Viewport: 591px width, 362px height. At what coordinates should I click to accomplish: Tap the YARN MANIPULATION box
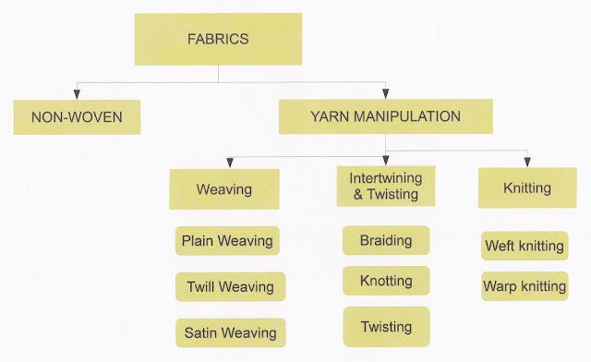click(x=386, y=116)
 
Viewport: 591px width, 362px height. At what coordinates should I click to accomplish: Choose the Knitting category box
click(x=526, y=187)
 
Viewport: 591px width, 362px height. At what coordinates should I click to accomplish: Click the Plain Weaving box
click(x=227, y=241)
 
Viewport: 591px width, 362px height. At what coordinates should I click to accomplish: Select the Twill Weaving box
click(x=228, y=286)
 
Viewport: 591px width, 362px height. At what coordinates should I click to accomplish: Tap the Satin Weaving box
click(x=228, y=332)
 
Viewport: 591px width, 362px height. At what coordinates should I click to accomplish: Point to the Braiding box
click(x=386, y=239)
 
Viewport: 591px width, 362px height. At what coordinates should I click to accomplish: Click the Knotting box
click(x=386, y=281)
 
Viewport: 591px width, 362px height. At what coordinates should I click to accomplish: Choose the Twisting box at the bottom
click(x=386, y=327)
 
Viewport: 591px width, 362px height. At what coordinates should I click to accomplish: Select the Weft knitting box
click(x=524, y=247)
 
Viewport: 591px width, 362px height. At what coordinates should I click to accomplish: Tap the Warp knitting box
click(x=524, y=286)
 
